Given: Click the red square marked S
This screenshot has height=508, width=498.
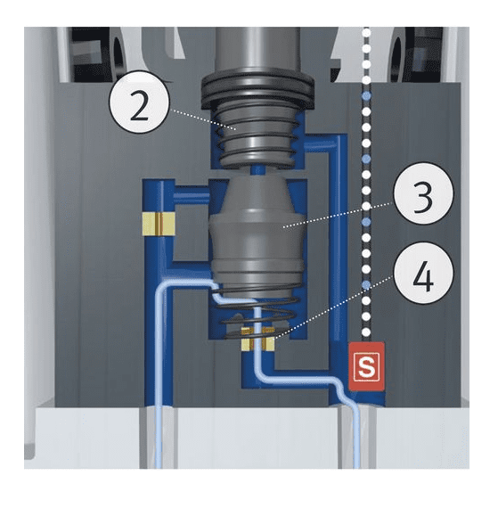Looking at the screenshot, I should pyautogui.click(x=364, y=365).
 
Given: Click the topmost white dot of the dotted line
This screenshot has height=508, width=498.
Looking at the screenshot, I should pyautogui.click(x=366, y=32).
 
